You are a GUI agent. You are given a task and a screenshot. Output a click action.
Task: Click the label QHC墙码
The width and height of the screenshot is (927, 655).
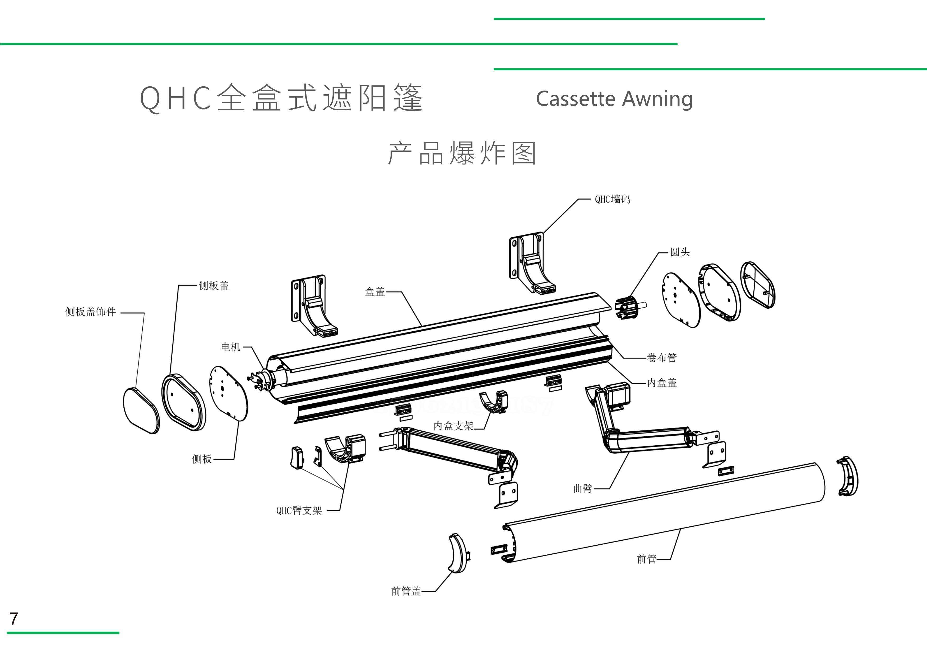[613, 199]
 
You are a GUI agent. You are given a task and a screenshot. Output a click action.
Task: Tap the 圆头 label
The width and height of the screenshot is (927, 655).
[680, 252]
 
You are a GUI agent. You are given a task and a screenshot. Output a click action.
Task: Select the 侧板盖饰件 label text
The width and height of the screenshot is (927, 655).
[90, 312]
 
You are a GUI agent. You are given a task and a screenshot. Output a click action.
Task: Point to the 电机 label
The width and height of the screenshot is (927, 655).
[230, 347]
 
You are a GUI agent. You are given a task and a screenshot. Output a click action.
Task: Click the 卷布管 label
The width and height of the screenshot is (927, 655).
[662, 358]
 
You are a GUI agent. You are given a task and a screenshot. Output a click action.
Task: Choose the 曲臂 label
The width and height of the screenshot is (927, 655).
[583, 489]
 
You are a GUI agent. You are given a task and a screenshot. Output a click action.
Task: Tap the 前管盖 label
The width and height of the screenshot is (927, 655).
[406, 591]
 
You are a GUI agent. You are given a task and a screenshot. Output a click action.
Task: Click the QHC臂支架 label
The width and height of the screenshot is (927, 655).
[299, 511]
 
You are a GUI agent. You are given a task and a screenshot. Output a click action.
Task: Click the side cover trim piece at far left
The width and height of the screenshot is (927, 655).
[141, 411]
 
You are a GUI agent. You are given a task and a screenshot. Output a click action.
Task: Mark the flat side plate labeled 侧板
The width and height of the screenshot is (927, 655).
[229, 393]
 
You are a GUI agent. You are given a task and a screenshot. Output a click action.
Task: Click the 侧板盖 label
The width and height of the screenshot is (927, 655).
[214, 286]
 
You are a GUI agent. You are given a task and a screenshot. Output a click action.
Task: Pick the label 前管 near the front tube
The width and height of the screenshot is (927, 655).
[646, 559]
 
